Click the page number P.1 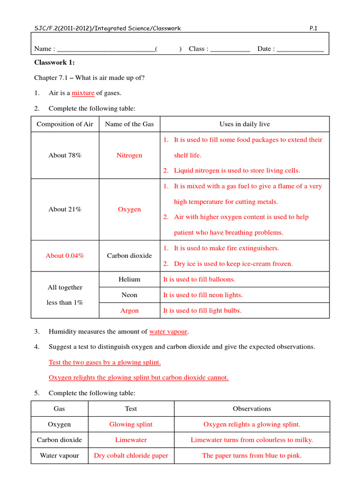[x=314, y=29]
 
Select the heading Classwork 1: [x=54, y=63]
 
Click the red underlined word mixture [x=83, y=93]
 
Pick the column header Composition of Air [x=65, y=124]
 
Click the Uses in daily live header [x=245, y=124]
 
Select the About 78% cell [x=65, y=155]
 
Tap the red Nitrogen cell [x=129, y=155]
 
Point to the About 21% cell [x=65, y=210]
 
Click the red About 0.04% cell [x=65, y=256]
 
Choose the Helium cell [x=129, y=279]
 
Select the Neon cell [x=129, y=295]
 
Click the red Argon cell [x=129, y=311]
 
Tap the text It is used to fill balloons [x=199, y=279]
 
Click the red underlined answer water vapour [x=168, y=332]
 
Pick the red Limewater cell [x=131, y=440]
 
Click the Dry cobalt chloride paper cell [x=131, y=456]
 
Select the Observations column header [x=252, y=409]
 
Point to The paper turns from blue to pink [x=252, y=456]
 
